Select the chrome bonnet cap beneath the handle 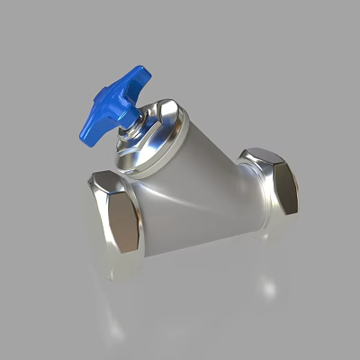point(155,135)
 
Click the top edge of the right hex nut point(261,151)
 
